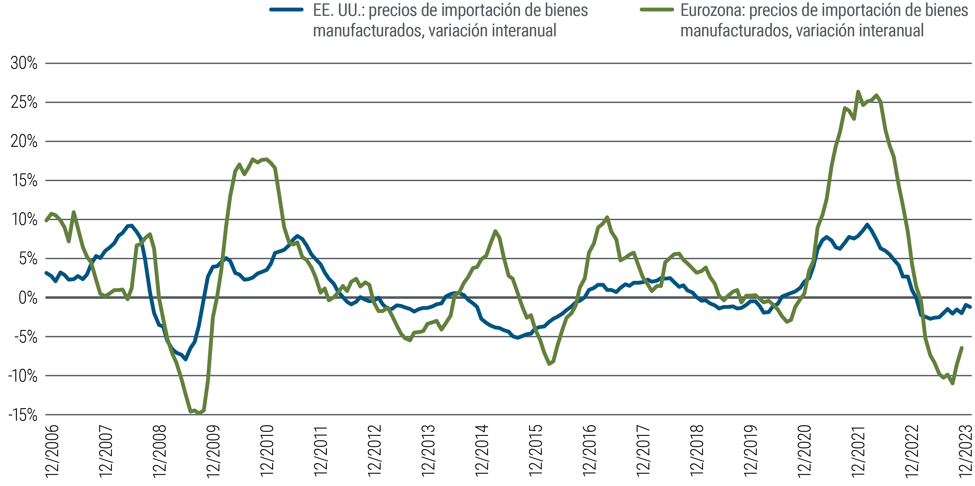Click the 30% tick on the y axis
[x=24, y=63]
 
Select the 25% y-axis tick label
[x=24, y=103]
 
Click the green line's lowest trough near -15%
[x=199, y=413]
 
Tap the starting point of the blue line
[x=46, y=272]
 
